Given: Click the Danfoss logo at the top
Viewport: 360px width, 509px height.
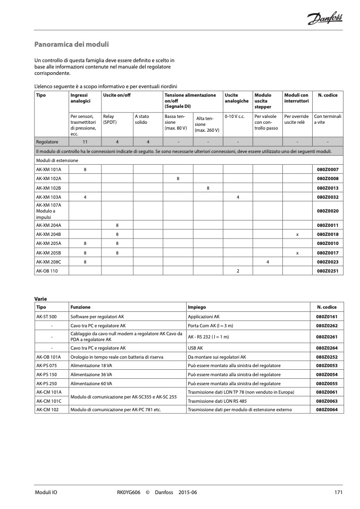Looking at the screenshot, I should tap(325, 20).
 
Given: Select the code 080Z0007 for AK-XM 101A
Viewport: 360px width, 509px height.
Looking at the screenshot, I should tap(328, 169).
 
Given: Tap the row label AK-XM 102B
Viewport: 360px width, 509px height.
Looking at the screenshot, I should tap(48, 188).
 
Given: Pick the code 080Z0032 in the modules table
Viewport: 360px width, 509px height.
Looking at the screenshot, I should tap(328, 197).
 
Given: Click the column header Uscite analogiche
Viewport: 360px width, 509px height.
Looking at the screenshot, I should tap(237, 98).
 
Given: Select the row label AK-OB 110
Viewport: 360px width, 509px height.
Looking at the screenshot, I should tap(47, 271).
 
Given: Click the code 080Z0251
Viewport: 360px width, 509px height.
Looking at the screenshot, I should tap(328, 271).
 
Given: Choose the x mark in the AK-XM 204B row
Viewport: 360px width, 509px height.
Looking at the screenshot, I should tap(297, 234).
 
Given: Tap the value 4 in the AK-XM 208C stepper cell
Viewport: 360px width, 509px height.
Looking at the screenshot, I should tap(267, 262).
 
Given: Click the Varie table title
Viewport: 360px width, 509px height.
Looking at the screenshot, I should tap(40, 299).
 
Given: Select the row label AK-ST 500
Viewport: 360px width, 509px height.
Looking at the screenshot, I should tap(46, 316).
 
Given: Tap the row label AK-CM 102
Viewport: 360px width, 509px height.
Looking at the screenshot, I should tap(47, 410).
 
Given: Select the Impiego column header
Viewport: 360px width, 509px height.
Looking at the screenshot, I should tap(197, 307).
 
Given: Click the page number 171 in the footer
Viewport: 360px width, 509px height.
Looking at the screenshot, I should tap(338, 493).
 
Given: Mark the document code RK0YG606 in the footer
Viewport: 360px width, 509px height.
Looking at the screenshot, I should tap(129, 493).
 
